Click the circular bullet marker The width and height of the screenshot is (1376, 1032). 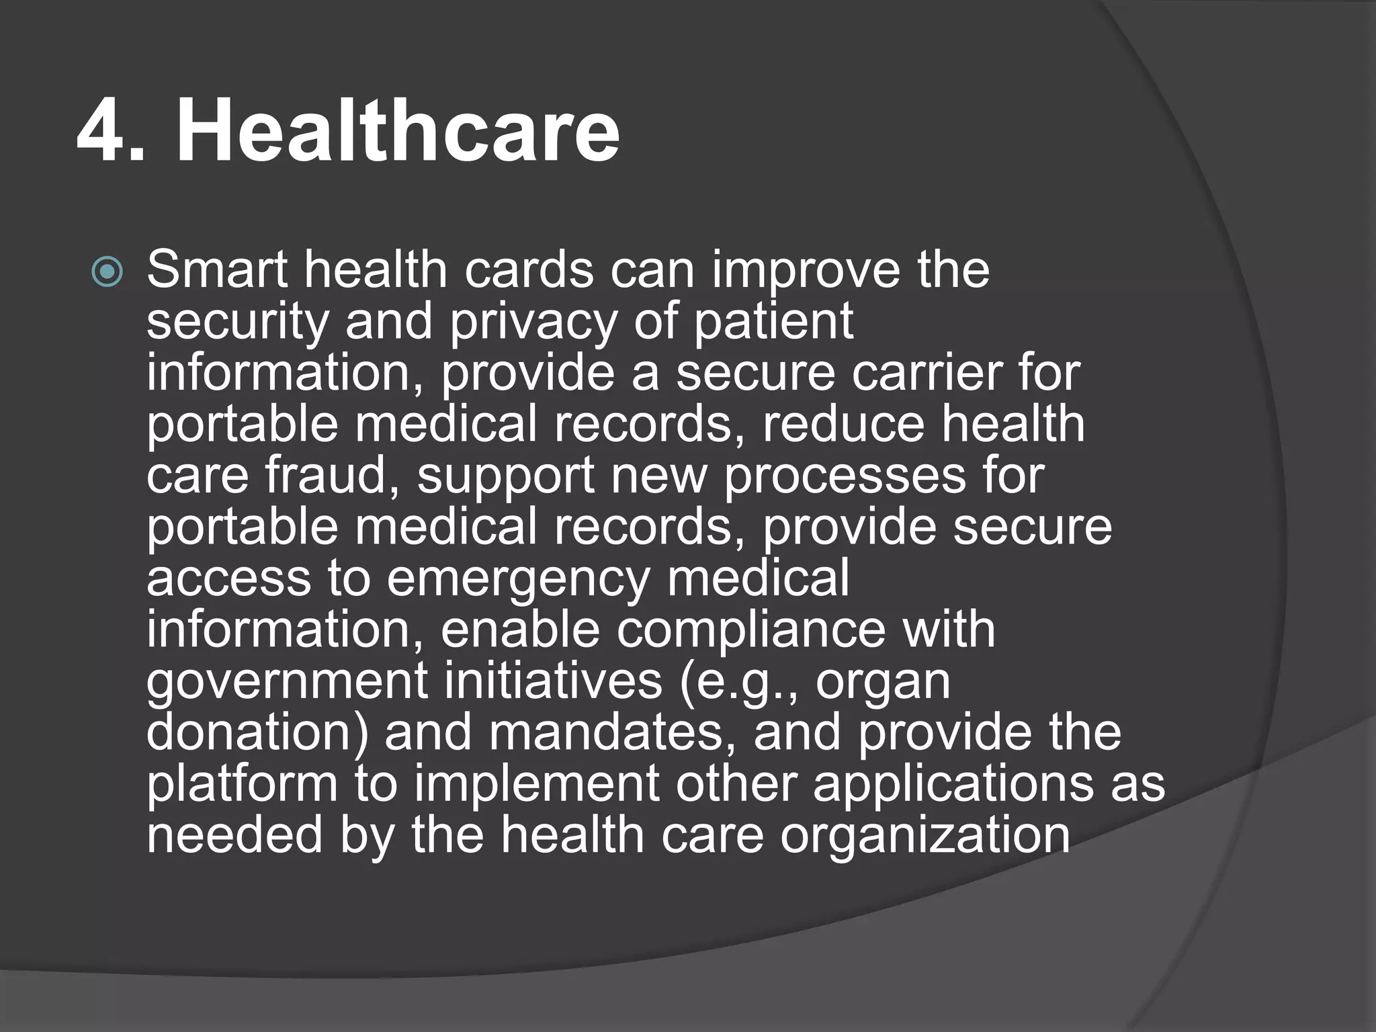tap(107, 273)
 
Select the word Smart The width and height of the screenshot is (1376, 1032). tap(220, 270)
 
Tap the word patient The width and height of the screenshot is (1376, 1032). tap(773, 322)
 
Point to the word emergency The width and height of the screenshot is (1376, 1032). tap(519, 579)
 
